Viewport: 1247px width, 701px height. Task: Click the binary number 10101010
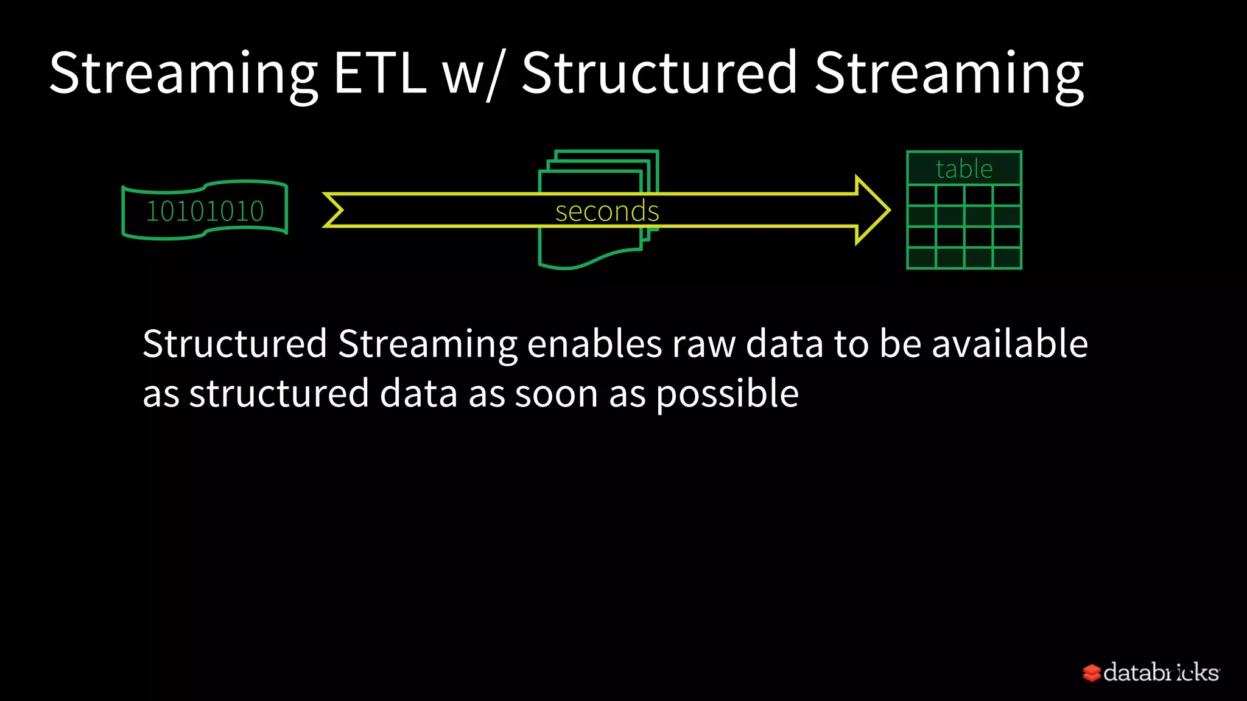click(205, 211)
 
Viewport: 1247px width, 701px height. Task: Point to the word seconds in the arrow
click(607, 211)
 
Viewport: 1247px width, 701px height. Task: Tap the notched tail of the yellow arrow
click(334, 211)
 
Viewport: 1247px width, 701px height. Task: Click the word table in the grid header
click(964, 169)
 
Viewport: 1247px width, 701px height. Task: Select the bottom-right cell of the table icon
click(1006, 258)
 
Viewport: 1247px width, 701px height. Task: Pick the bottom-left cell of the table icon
click(921, 258)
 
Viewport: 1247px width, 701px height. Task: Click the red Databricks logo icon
click(1091, 672)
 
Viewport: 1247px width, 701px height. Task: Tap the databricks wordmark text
click(1161, 672)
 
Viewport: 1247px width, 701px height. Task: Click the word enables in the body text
click(594, 344)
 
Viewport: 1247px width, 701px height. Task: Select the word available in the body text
click(1010, 344)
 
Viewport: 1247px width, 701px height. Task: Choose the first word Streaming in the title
click(183, 74)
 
